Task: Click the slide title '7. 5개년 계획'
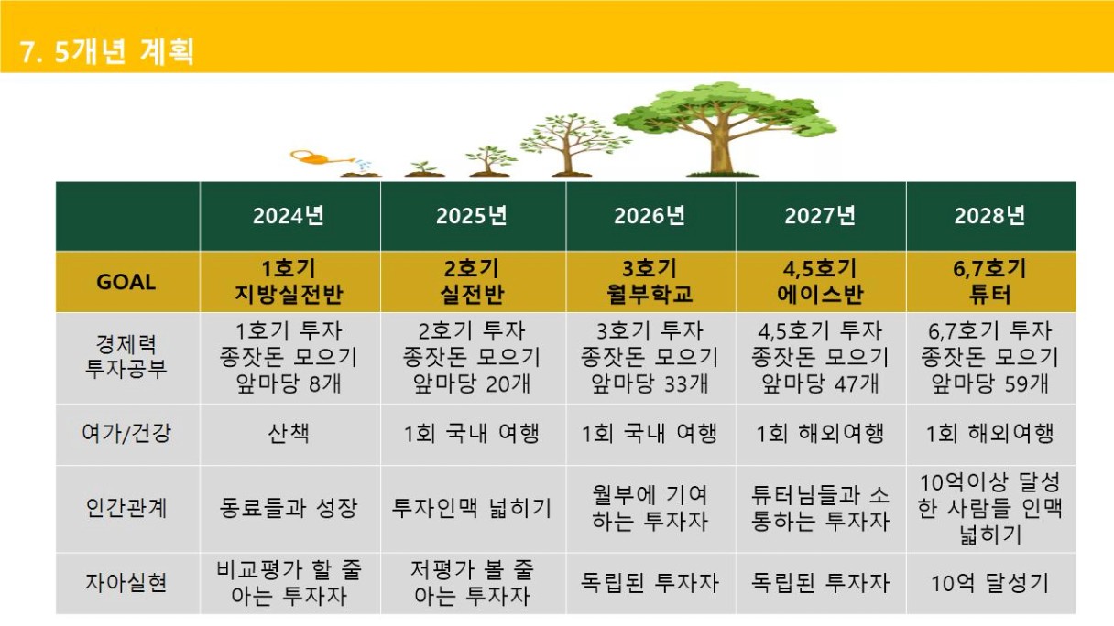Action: click(x=107, y=51)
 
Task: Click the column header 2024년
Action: click(x=289, y=216)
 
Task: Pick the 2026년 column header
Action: click(x=650, y=216)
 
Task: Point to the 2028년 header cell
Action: click(x=989, y=216)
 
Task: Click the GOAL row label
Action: click(x=126, y=282)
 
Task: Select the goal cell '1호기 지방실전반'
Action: click(x=289, y=282)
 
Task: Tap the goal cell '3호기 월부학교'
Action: click(x=650, y=282)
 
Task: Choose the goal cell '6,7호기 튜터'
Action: click(x=989, y=282)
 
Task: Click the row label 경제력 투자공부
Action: click(x=126, y=357)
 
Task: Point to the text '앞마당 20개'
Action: click(x=472, y=384)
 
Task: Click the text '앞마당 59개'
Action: click(x=989, y=384)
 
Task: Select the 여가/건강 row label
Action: click(x=126, y=434)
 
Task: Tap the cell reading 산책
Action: click(x=289, y=434)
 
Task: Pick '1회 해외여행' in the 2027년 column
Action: click(x=820, y=434)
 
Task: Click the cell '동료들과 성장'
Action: click(x=289, y=508)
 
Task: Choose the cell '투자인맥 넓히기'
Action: click(x=472, y=508)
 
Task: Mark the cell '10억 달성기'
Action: click(x=989, y=583)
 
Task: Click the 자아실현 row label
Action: click(x=126, y=583)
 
